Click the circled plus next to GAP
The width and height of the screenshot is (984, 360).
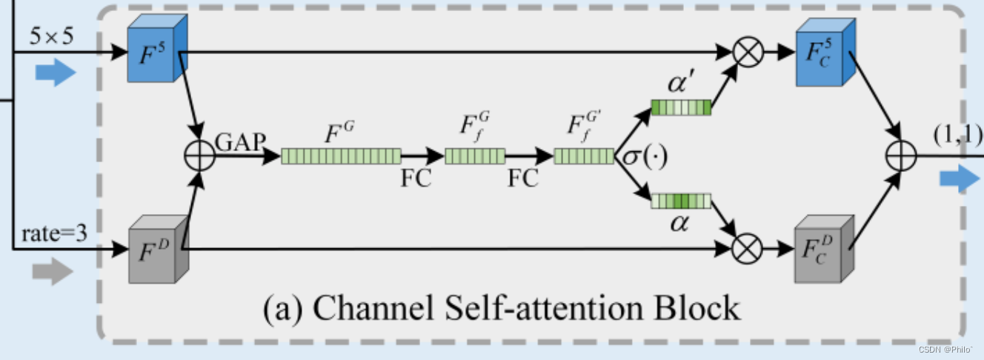click(x=199, y=156)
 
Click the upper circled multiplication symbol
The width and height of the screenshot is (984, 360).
click(x=747, y=53)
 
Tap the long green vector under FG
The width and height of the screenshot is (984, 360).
click(x=341, y=156)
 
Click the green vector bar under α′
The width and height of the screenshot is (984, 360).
click(x=681, y=108)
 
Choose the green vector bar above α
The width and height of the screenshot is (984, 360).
click(x=681, y=201)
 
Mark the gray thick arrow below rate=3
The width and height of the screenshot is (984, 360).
click(x=53, y=273)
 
